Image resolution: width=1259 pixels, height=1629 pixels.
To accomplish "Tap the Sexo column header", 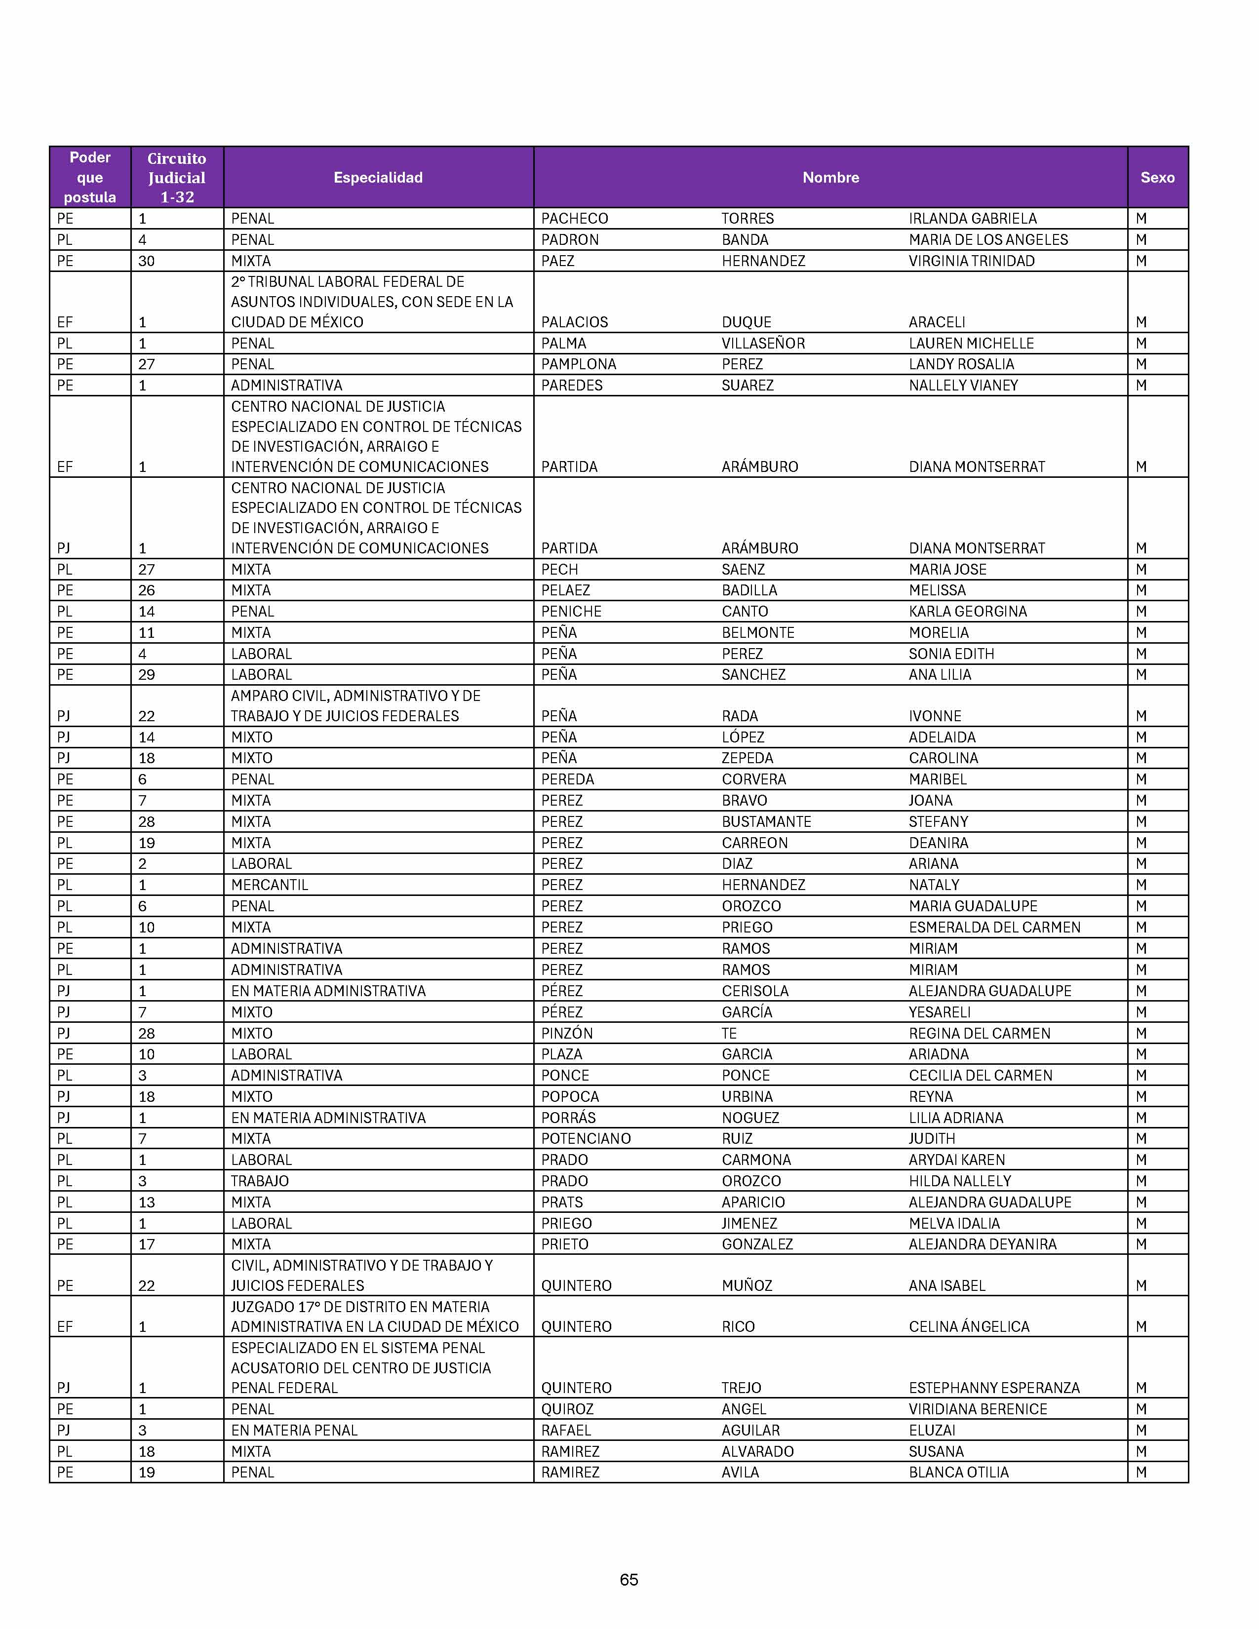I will [1157, 178].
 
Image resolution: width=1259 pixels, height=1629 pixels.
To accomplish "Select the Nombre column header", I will [830, 178].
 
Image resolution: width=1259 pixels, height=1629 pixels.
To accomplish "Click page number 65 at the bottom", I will [629, 1579].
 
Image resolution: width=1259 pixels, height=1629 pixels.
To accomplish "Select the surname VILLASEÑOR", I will [763, 343].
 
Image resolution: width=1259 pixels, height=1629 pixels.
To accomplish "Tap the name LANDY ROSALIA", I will [961, 364].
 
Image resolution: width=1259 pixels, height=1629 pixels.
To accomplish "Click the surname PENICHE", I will [571, 611].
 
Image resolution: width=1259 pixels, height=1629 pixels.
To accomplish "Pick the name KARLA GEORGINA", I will [967, 611].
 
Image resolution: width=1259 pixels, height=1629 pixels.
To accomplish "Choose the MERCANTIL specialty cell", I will [269, 885].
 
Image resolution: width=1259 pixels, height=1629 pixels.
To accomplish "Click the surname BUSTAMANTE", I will [766, 821].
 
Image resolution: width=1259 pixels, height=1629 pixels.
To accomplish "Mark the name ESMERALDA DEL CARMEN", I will [994, 927].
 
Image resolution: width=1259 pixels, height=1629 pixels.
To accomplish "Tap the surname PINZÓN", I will [567, 1033].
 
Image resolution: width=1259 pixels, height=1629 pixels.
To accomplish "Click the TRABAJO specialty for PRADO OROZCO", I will [260, 1181].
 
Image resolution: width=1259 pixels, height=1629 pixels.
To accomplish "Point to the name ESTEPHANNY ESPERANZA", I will [993, 1387].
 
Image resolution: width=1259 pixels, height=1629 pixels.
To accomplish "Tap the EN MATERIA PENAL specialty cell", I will [294, 1430].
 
